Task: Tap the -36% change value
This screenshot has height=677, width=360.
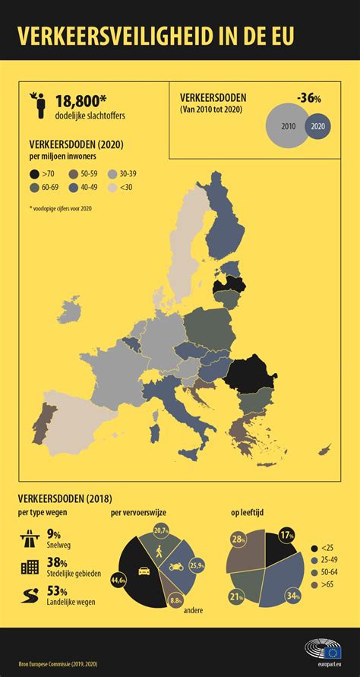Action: tap(308, 97)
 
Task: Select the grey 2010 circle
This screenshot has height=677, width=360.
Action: tap(288, 126)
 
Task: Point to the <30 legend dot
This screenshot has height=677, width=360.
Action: tap(112, 188)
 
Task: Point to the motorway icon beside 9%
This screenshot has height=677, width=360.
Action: tap(29, 539)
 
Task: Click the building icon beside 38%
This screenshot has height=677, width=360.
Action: tap(29, 567)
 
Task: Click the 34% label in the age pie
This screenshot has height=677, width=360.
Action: tap(290, 595)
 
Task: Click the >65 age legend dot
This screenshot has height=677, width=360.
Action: tap(314, 584)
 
